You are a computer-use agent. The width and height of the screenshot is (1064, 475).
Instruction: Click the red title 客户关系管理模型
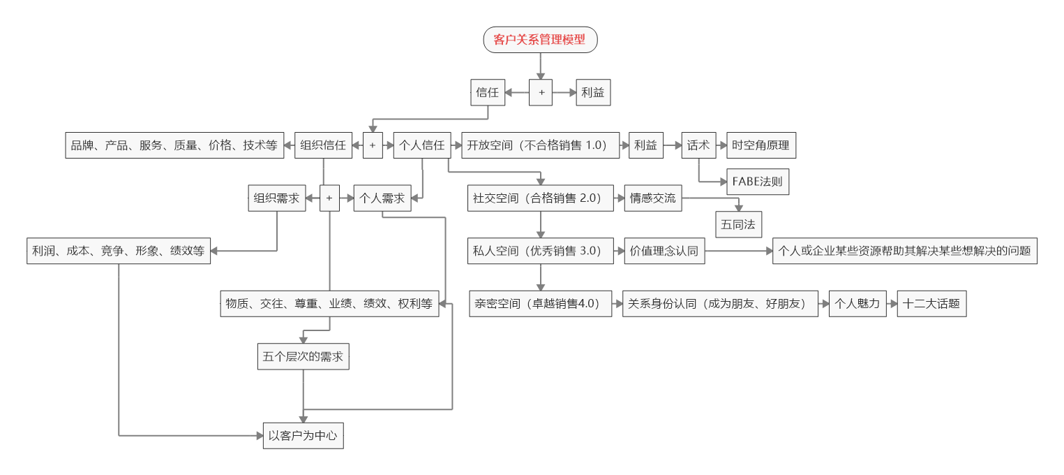coord(540,40)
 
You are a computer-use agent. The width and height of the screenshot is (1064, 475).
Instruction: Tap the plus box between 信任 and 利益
coord(541,92)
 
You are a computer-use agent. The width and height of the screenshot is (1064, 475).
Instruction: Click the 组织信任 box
coord(323,145)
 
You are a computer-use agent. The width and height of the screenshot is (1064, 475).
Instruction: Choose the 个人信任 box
coord(421,145)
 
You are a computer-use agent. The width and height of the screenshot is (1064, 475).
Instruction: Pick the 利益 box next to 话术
coord(645,145)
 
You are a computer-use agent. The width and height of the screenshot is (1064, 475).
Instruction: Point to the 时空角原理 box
coord(760,145)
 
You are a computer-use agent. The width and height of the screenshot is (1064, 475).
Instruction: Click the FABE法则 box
coord(757,183)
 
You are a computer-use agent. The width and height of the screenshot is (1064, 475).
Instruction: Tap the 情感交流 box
coord(653,198)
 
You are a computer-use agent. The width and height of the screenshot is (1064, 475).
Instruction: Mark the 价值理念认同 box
coord(664,251)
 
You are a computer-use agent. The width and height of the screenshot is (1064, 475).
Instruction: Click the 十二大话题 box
coord(931,304)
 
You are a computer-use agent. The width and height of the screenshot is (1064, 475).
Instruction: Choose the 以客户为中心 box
coord(303,435)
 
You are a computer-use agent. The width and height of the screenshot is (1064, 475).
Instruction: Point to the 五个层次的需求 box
coord(303,356)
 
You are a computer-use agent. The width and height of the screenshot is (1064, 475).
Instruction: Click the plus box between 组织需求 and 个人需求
coord(329,198)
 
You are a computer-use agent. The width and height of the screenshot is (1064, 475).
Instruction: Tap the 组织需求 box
coord(276,198)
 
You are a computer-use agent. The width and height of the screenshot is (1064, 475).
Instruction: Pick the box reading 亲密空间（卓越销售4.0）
coord(540,304)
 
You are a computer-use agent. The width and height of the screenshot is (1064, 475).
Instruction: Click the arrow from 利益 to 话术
coord(671,145)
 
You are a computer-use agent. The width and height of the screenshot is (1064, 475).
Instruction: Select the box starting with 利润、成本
coord(119,251)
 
